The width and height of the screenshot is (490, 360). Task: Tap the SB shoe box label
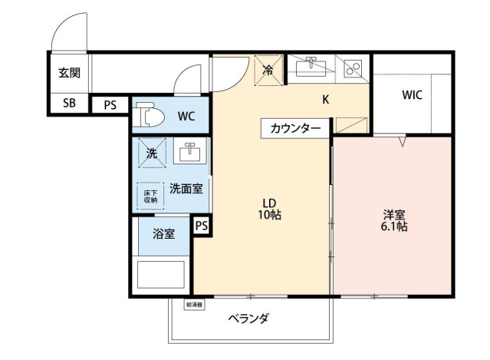(69, 104)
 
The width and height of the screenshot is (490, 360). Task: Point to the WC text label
(186, 117)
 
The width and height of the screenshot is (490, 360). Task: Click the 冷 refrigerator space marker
(268, 70)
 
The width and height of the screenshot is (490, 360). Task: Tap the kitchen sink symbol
(313, 67)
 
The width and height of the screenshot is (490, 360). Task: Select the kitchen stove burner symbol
(354, 68)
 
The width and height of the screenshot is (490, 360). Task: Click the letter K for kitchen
(325, 99)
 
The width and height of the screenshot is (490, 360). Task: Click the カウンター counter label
(295, 128)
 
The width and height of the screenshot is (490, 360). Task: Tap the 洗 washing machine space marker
(152, 154)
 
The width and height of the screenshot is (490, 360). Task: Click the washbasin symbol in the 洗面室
(187, 153)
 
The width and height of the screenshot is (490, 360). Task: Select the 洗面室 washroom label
(186, 189)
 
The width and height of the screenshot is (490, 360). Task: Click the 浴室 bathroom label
(163, 233)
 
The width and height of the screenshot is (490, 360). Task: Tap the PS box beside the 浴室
(201, 226)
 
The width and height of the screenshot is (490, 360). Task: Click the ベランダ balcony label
(248, 319)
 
